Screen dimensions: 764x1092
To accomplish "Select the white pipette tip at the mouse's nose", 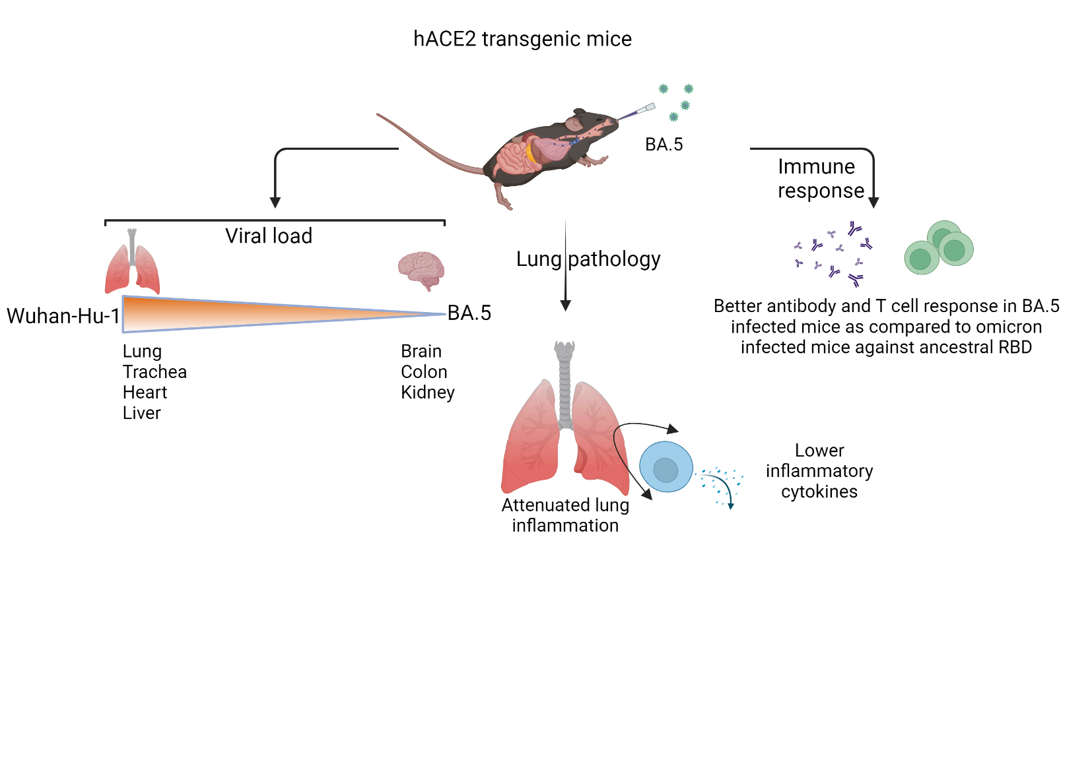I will coord(647,108).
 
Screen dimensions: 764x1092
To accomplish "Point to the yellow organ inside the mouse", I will coord(530,154).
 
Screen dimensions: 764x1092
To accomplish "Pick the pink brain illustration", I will coord(421,269).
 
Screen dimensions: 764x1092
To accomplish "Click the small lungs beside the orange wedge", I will coord(132,267).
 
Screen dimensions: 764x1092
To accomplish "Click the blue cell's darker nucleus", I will coord(665,470).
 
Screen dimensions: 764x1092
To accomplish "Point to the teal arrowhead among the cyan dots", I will coord(731,506).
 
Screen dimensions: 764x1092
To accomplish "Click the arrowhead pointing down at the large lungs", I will coord(565,305).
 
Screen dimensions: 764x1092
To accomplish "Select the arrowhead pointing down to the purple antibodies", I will coord(873,203).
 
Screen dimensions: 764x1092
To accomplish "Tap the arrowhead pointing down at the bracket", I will coord(275,203).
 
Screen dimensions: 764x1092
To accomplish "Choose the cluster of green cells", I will coord(939,248).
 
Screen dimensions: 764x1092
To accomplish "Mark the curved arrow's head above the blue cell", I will coord(673,430).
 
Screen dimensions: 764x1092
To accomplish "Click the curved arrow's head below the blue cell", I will coord(647,495).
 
